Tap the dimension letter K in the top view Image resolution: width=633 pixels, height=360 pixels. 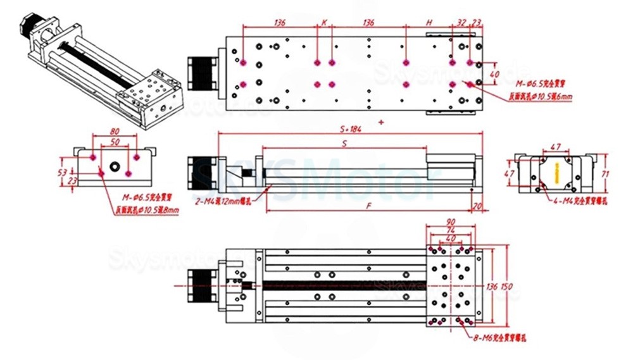click(x=324, y=22)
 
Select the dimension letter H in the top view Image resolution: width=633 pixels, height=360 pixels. click(x=429, y=22)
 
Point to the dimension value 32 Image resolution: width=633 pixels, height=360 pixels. click(x=461, y=22)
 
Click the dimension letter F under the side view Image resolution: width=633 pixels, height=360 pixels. click(x=368, y=206)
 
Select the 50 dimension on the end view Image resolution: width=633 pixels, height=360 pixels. click(x=114, y=143)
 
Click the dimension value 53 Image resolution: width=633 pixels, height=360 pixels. click(x=62, y=172)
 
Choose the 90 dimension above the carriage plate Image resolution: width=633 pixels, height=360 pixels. click(x=451, y=222)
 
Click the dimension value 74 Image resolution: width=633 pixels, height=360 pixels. click(x=451, y=230)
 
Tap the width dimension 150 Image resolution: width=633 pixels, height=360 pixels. click(x=506, y=287)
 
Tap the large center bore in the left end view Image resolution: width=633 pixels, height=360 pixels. click(x=115, y=167)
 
